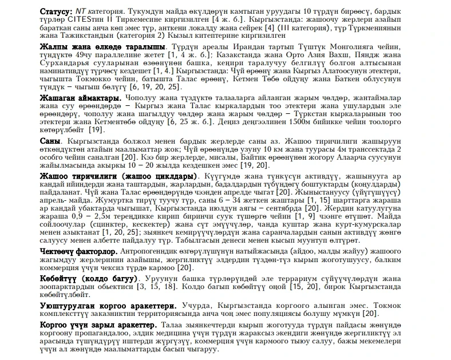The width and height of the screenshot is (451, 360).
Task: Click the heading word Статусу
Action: click(x=56, y=11)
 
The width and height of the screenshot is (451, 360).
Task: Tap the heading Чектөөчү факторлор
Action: click(x=79, y=251)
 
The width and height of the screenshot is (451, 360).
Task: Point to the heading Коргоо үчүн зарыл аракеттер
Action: click(x=97, y=325)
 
